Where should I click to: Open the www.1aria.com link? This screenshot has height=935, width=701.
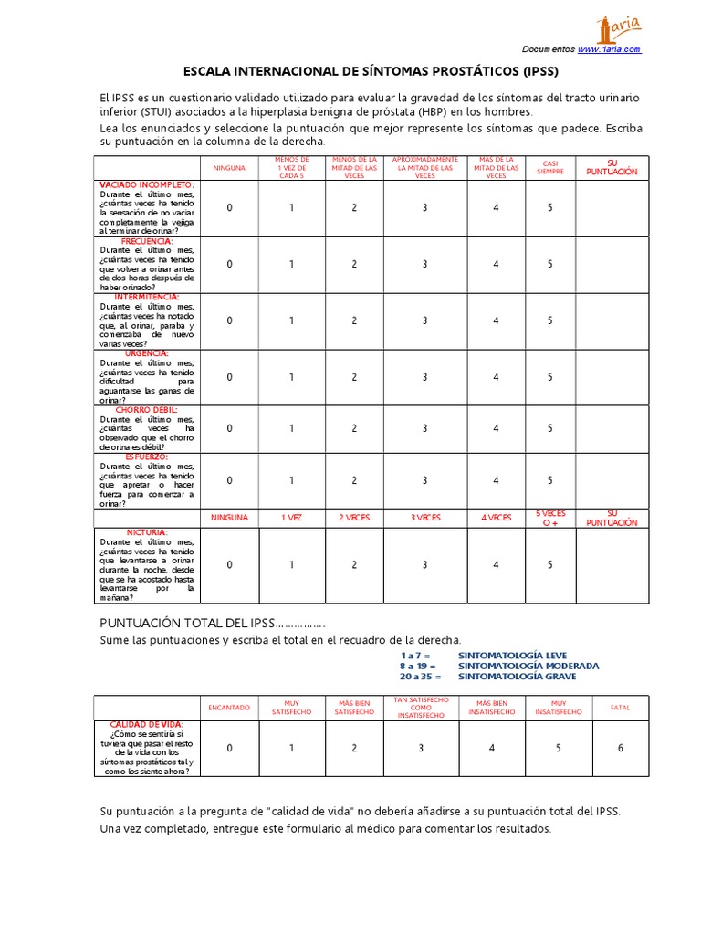(609, 49)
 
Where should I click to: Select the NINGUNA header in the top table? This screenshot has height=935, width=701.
(230, 168)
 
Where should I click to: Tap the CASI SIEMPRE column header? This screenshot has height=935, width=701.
(550, 168)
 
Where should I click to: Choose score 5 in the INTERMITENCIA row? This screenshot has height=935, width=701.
(550, 320)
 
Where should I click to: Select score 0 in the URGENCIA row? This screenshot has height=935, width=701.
(230, 377)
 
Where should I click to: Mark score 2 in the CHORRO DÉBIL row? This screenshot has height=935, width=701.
(354, 428)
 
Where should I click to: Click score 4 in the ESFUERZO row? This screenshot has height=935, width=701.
(497, 480)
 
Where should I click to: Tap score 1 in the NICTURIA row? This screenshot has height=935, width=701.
(291, 565)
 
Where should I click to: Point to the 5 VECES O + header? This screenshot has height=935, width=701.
(550, 518)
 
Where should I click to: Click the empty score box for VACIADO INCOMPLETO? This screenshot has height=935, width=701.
(612, 208)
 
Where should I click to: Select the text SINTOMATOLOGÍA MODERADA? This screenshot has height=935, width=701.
(528, 666)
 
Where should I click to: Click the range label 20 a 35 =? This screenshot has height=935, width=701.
(421, 677)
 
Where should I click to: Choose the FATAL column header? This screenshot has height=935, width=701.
(621, 707)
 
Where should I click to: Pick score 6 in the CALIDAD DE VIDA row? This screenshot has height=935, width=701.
(621, 749)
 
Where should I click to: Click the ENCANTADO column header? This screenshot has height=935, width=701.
(229, 707)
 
